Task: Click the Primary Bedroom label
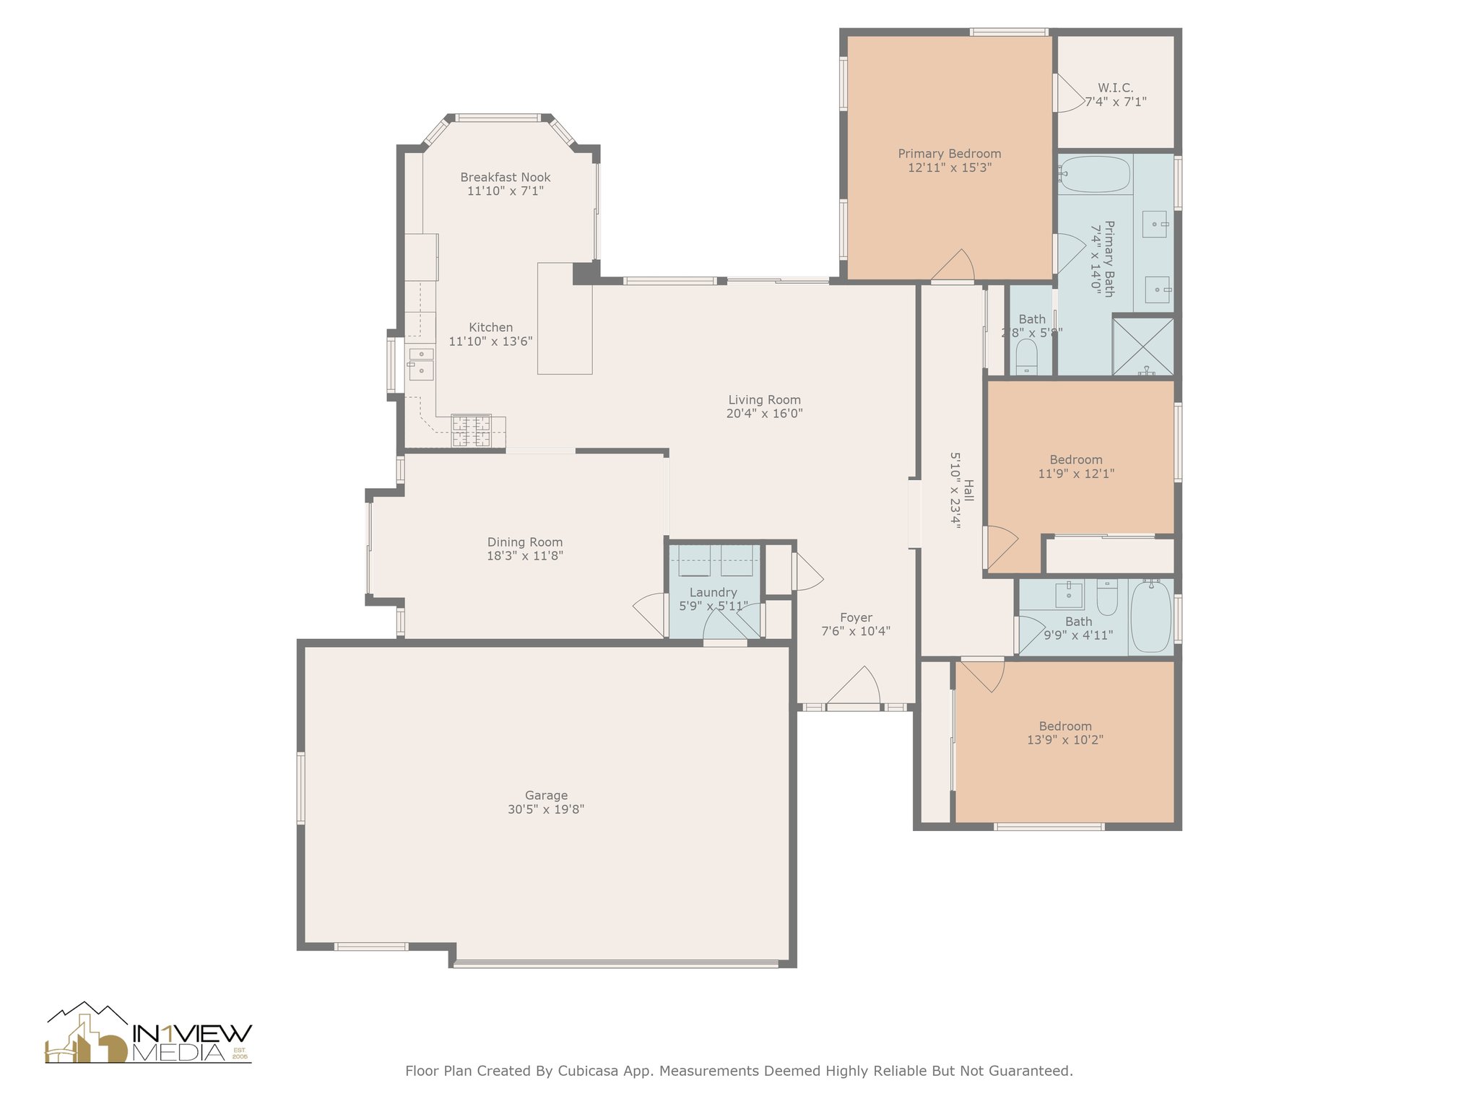coord(949,154)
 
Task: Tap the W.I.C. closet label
coord(1115,88)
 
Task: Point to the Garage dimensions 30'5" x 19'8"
coord(546,809)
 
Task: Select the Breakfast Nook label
coord(506,178)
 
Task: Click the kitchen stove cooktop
coord(472,432)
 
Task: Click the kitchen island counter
coord(565,318)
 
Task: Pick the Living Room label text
coord(764,400)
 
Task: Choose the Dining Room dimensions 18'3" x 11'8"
coord(525,556)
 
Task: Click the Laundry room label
coord(713,593)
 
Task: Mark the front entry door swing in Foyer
coord(853,686)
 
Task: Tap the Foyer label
coord(856,618)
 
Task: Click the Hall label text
coord(969,491)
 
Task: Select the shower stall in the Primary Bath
coord(1143,347)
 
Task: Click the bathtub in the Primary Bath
coord(1095,175)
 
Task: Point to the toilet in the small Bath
coord(1026,357)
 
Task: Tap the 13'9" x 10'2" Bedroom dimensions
coord(1065,740)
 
